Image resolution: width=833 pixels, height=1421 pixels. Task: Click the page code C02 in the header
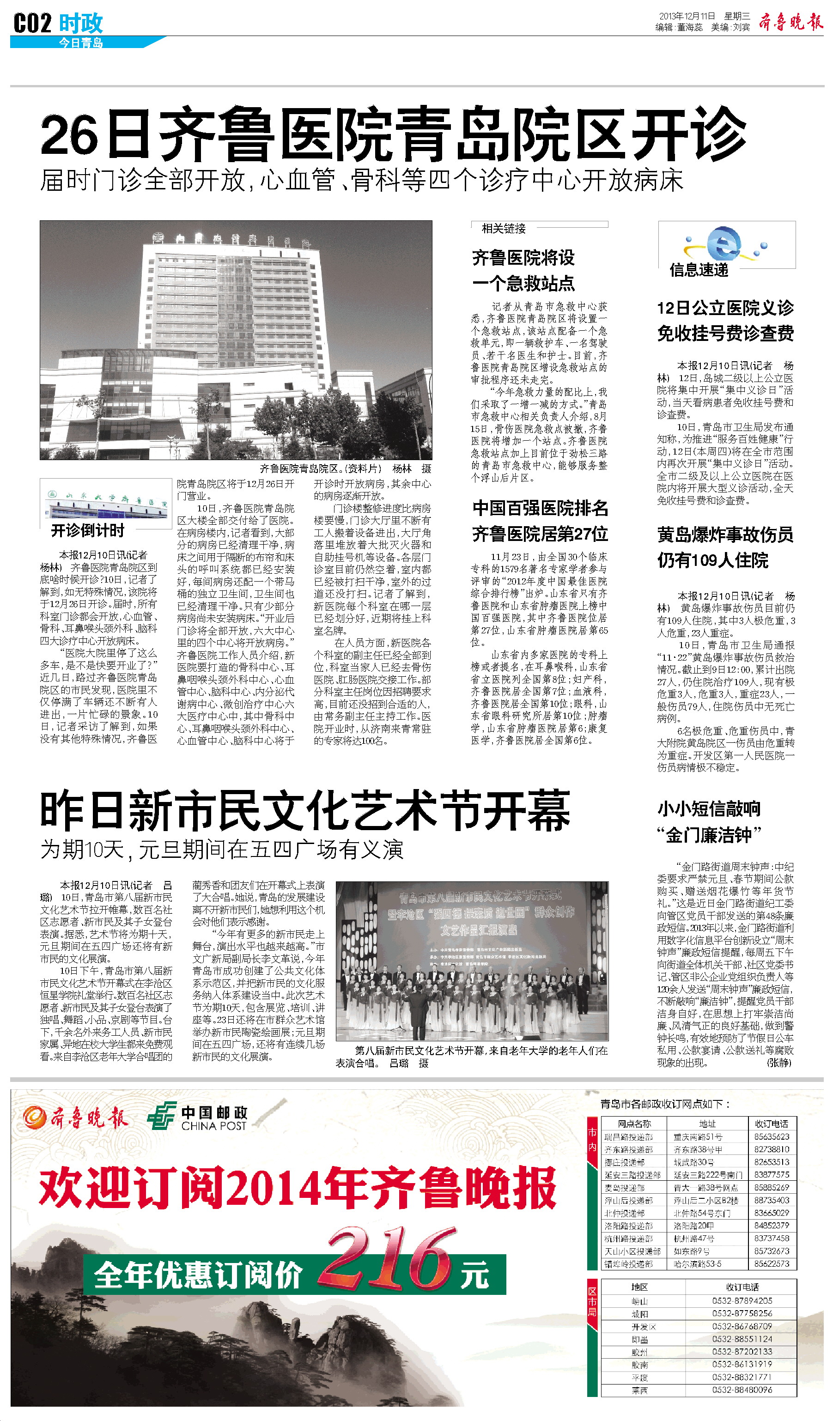32,24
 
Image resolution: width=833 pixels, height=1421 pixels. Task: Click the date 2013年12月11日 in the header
687,16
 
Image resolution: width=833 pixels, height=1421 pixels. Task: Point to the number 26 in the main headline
69,135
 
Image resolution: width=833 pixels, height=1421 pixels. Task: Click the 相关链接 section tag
503,228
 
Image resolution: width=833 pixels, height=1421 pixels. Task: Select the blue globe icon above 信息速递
726,243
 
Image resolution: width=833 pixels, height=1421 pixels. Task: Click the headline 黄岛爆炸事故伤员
725,534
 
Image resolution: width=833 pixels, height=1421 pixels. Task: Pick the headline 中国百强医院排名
540,508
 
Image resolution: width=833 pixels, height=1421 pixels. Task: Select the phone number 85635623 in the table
772,1137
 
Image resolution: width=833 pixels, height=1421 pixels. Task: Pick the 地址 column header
707,1124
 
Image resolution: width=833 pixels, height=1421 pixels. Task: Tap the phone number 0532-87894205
742,1300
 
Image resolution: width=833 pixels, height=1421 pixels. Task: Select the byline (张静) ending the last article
779,1063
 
